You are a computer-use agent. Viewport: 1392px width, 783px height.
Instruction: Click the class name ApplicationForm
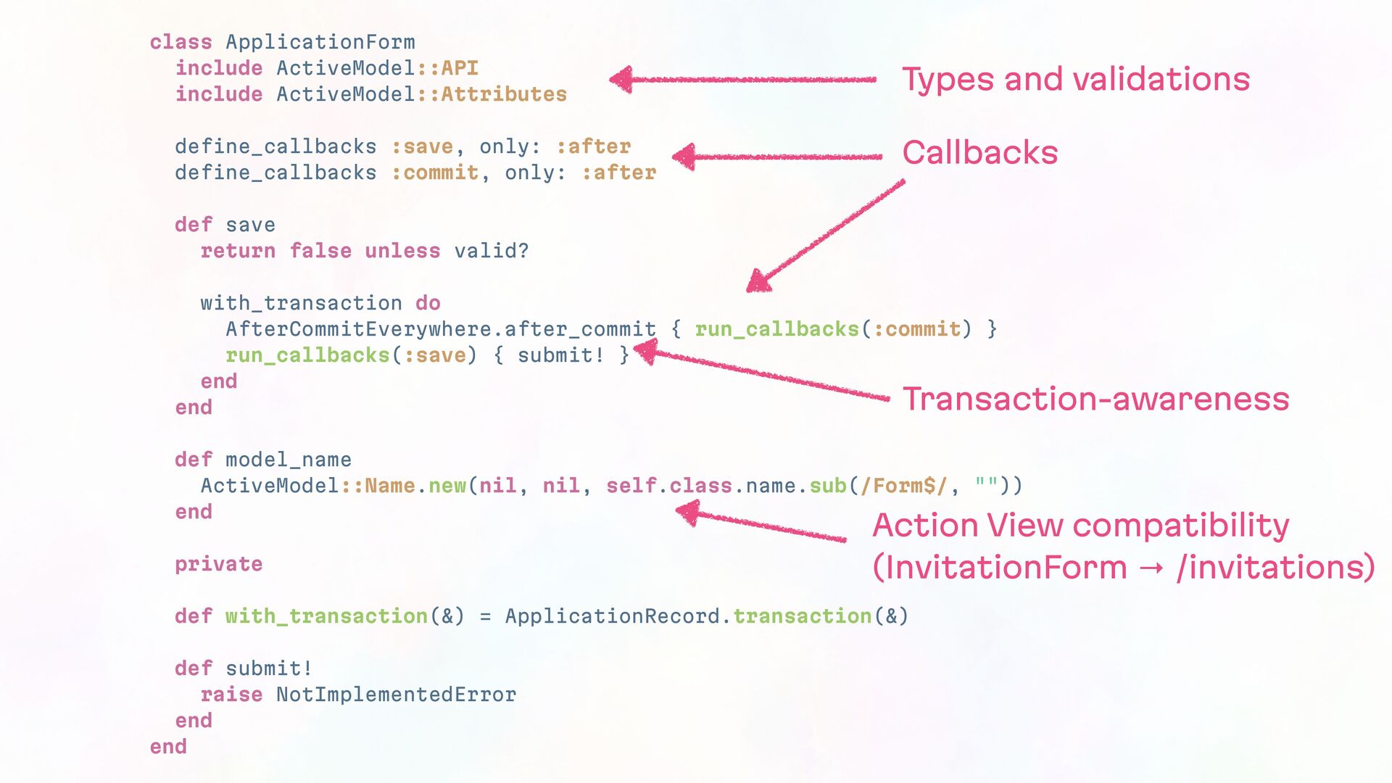[320, 42]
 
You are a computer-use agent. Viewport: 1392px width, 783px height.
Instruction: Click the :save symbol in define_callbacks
[422, 146]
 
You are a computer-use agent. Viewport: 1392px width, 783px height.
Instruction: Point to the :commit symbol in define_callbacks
[434, 173]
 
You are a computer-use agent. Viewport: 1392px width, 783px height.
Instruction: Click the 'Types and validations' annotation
[1076, 79]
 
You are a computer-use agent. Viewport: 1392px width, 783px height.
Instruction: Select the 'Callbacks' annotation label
[979, 152]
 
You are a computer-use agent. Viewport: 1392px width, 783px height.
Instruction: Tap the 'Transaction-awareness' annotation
[1095, 399]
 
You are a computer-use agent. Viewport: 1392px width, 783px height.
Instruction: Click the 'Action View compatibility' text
[1080, 525]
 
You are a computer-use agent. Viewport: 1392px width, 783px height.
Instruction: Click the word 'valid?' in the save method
[492, 251]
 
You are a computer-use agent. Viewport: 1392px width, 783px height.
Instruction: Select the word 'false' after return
[320, 251]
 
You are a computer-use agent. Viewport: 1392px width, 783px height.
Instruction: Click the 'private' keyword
[218, 564]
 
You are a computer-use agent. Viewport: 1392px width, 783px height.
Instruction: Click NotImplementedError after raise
[396, 695]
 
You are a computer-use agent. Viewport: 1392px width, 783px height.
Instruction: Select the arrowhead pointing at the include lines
[622, 80]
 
